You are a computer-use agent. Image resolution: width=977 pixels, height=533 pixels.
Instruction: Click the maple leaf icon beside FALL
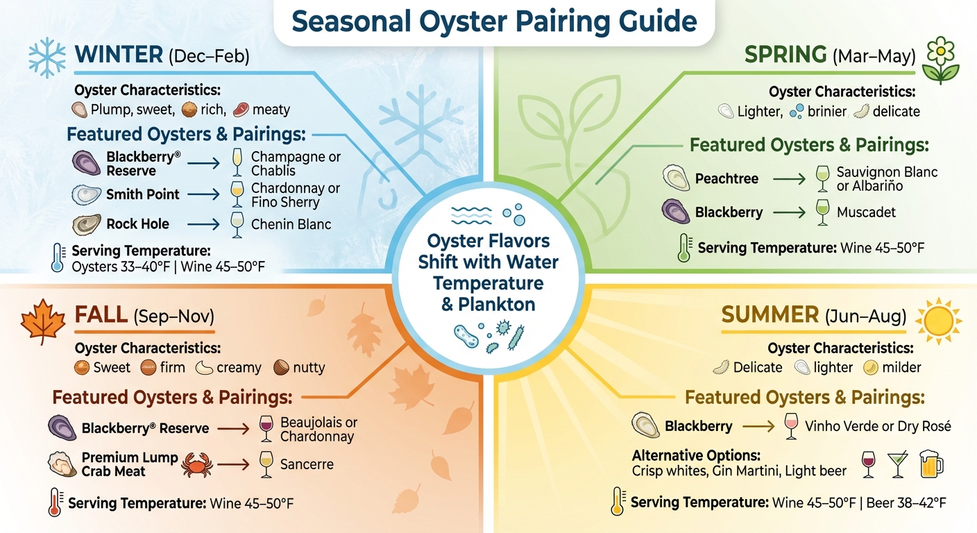click(x=43, y=322)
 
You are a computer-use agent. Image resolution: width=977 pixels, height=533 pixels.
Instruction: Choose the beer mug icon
click(x=931, y=464)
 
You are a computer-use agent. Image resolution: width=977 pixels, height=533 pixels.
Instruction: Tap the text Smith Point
click(x=142, y=195)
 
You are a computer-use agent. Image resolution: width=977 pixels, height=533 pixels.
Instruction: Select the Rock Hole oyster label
click(x=137, y=224)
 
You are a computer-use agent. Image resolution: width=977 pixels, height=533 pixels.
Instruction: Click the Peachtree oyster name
click(x=727, y=179)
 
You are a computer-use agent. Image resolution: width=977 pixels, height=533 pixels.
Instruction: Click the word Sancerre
click(x=307, y=464)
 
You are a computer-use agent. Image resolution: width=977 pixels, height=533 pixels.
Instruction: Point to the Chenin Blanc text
click(x=291, y=224)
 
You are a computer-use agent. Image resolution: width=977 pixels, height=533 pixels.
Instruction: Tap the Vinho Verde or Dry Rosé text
click(x=878, y=426)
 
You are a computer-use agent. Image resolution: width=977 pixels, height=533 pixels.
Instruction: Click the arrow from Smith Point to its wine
click(x=203, y=195)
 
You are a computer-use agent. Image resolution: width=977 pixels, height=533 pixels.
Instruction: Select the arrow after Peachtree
click(x=790, y=179)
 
